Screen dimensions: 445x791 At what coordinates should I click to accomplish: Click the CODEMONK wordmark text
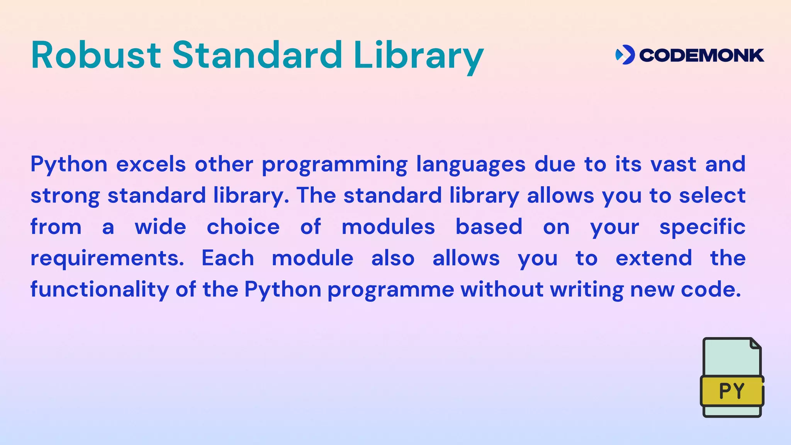pos(701,55)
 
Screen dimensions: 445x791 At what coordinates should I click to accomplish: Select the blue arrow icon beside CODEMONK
pos(625,55)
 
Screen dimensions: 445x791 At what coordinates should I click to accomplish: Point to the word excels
pos(151,164)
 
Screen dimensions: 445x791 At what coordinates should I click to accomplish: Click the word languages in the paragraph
pos(470,165)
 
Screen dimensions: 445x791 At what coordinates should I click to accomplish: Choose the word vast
pos(673,164)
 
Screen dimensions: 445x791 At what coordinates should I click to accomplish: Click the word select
pos(712,195)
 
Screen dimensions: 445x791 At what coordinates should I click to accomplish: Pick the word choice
pos(243,227)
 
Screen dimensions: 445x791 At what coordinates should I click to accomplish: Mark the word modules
pos(388,227)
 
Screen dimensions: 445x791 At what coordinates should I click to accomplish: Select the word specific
pos(702,228)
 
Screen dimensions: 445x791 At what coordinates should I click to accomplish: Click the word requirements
pos(107,259)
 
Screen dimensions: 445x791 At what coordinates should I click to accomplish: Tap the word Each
pos(227,258)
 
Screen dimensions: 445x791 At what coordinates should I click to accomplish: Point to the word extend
pos(654,258)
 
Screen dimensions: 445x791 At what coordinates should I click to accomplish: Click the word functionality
pos(100,290)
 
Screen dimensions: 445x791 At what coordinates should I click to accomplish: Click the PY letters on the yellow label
pos(732,391)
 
